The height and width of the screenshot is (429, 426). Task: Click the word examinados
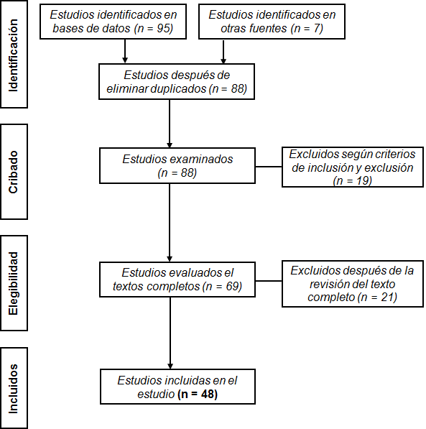click(x=201, y=160)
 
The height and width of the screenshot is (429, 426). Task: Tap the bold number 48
click(x=208, y=395)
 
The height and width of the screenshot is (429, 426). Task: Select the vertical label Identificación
click(x=13, y=55)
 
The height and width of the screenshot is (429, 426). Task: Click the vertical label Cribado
click(x=13, y=172)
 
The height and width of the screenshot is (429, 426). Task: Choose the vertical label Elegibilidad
click(x=13, y=283)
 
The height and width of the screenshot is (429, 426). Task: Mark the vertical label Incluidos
click(x=13, y=389)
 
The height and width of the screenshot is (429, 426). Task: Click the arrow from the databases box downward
click(x=125, y=51)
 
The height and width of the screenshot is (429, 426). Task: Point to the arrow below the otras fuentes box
click(x=223, y=52)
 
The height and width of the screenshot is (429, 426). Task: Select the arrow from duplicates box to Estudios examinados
click(x=170, y=124)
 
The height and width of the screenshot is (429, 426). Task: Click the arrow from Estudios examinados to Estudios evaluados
click(x=170, y=223)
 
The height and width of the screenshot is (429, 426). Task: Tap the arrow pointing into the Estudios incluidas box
click(x=170, y=333)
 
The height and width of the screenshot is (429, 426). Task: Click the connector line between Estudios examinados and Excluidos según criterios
click(x=269, y=166)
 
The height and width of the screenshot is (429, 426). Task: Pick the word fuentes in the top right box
click(x=267, y=29)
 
